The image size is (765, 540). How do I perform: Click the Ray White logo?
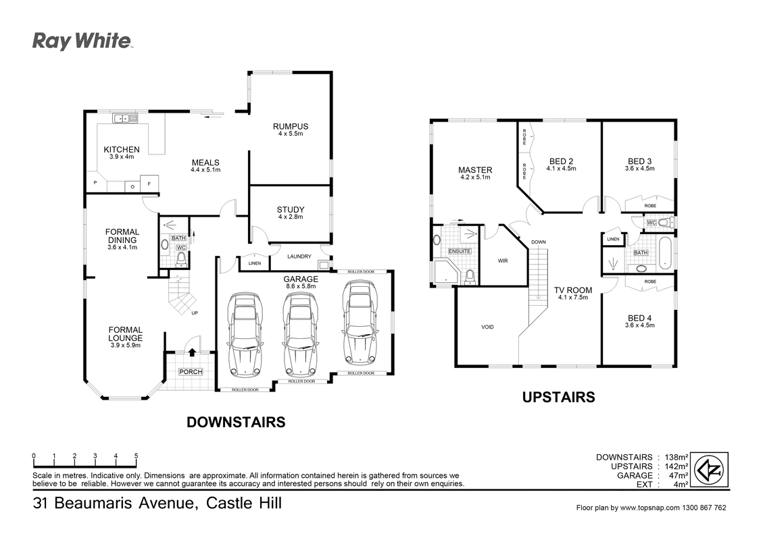pos(82,41)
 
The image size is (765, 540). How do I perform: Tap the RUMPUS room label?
pos(291,126)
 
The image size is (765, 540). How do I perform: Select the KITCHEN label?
pos(122,149)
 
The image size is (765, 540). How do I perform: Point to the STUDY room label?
pos(291,209)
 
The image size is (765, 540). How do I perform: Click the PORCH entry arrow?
pos(192,352)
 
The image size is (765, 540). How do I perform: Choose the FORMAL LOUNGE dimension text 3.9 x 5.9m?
pos(126,346)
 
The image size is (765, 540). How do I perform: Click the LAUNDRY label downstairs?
pos(299,256)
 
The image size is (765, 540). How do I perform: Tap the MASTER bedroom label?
pos(475,170)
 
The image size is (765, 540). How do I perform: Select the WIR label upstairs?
pos(503,260)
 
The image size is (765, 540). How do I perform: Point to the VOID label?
pos(487,327)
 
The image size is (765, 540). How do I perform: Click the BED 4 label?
pos(640,317)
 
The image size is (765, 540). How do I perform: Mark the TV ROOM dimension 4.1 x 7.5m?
pos(572,297)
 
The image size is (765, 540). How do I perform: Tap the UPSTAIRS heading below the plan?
pos(558,398)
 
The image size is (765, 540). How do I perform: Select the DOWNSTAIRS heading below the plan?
pos(235,423)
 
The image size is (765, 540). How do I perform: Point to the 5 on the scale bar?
pos(137,456)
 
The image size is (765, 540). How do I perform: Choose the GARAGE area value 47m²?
pos(678,475)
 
